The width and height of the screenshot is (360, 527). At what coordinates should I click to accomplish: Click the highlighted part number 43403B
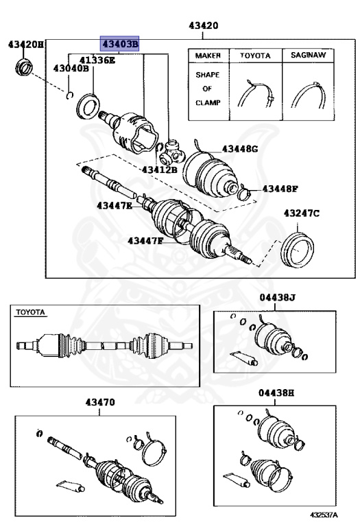120,44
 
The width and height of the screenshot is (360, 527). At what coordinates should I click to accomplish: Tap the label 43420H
25,45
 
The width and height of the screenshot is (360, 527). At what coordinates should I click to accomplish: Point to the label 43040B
71,69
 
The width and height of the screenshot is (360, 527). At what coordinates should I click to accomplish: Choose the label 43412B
159,169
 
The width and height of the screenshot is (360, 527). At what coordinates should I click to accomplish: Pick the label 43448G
239,149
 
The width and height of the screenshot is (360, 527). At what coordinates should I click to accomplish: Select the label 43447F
145,240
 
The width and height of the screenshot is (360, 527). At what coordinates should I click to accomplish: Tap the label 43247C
302,214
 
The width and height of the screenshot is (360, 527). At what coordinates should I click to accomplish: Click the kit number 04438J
276,297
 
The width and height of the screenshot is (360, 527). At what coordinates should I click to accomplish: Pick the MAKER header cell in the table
208,55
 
